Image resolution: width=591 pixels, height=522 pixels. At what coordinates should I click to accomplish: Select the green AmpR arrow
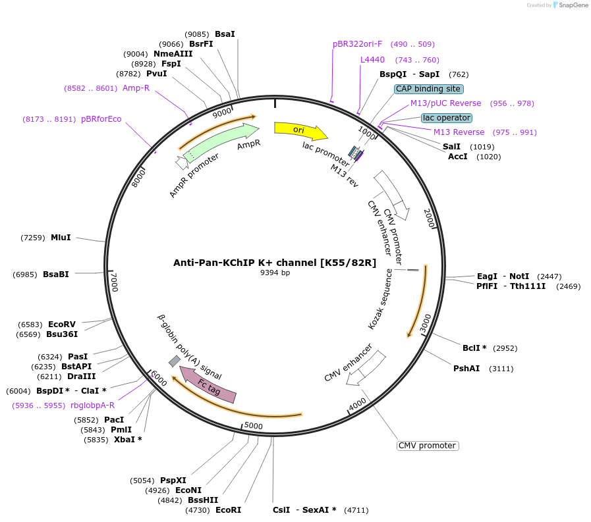[221, 142]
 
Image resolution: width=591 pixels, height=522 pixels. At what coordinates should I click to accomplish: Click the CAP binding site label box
[428, 89]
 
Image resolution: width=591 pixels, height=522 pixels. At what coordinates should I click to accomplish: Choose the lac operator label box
[447, 118]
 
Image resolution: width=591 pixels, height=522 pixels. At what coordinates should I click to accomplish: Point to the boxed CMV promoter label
[427, 446]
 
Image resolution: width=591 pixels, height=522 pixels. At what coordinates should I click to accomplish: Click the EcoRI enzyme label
[228, 510]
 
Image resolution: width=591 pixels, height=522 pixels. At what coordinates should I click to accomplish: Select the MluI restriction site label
[61, 237]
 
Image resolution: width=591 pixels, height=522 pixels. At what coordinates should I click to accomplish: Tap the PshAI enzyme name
[466, 369]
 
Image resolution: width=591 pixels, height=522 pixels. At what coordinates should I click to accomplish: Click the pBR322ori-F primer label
[357, 44]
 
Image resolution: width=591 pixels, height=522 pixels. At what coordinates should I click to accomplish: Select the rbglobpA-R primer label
[92, 405]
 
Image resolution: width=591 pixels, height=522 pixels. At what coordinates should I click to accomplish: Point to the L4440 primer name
[372, 60]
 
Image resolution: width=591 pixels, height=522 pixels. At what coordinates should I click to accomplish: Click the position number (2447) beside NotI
[549, 276]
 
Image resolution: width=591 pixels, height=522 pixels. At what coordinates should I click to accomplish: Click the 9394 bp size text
[275, 273]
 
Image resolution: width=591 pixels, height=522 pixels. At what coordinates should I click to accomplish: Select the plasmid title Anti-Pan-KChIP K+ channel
[275, 262]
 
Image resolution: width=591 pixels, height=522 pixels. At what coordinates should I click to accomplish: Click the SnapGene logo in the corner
[567, 5]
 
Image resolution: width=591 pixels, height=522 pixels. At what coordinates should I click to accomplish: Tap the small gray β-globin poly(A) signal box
[174, 361]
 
